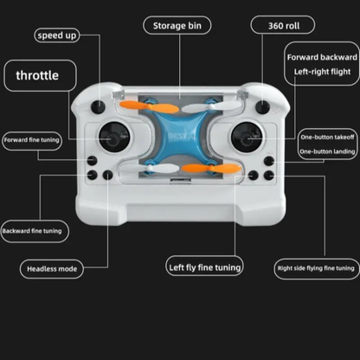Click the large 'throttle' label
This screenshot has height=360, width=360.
(37, 75)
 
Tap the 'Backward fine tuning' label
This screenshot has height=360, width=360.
(32, 231)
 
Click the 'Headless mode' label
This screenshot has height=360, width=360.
(52, 269)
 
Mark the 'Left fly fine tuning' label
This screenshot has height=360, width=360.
(203, 267)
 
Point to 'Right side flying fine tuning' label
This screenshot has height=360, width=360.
(314, 268)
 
